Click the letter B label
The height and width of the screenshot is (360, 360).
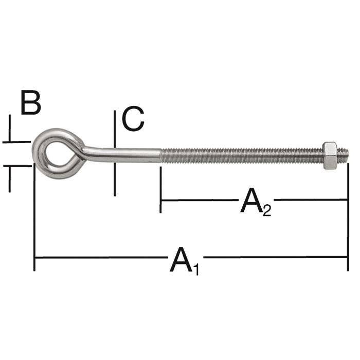point(31,102)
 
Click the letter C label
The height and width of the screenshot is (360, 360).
point(133,119)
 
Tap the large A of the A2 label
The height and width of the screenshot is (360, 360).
point(251,200)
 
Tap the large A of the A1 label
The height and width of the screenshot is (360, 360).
point(181,260)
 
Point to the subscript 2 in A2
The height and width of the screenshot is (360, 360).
point(267,210)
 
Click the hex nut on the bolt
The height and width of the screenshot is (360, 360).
point(330,156)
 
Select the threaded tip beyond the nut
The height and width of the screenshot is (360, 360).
point(343,155)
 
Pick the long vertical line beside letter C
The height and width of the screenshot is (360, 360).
point(115,153)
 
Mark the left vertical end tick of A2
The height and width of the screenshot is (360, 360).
point(160,190)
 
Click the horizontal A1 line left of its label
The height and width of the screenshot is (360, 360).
point(101,257)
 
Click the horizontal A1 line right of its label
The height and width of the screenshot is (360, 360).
point(275,257)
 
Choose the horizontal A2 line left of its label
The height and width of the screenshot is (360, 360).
point(200,200)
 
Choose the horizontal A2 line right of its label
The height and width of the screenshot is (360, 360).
point(311,200)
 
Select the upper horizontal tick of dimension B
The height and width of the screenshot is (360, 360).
point(16,142)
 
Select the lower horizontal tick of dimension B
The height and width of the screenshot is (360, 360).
point(17,166)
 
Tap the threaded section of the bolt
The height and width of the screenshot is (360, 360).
point(242,156)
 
